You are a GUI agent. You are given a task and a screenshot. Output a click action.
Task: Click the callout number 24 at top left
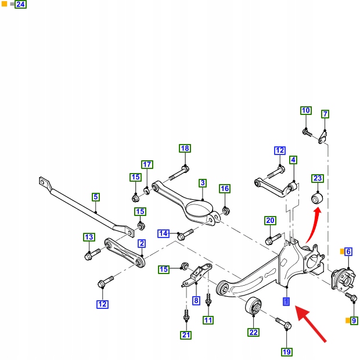[20, 5]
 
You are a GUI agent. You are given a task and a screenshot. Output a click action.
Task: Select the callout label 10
[306, 111]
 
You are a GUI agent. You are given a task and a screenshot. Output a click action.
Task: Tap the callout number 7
[325, 114]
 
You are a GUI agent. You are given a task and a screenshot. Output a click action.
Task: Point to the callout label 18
[185, 149]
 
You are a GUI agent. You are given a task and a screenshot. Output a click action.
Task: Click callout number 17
[147, 164]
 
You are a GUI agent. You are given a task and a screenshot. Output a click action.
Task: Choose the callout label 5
[96, 197]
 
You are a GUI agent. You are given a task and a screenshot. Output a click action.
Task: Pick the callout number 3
[202, 183]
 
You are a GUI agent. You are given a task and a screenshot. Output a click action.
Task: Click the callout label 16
[225, 189]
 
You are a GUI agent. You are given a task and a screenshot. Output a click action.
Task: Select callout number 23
[317, 178]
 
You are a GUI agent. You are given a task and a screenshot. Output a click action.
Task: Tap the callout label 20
[270, 221]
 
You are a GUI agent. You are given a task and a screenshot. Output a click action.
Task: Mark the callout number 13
[88, 237]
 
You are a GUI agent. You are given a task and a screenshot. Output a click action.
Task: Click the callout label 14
[164, 233]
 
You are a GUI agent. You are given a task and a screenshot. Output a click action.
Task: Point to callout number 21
[186, 334]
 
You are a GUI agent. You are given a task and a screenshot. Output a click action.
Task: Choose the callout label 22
[253, 332]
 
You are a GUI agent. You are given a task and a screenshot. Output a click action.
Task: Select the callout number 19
[287, 351]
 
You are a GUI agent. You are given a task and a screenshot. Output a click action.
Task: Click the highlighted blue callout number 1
[286, 301]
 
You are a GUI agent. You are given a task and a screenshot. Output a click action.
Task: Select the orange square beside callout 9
[347, 320]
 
